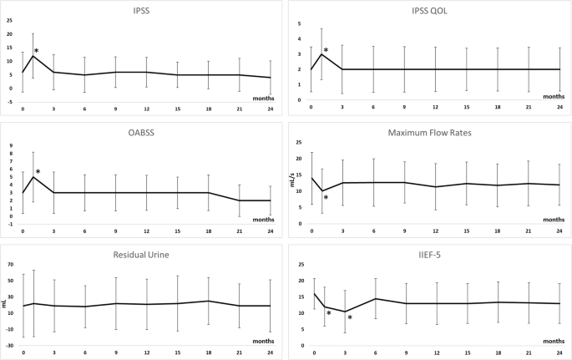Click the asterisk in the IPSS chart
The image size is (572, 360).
[37, 52]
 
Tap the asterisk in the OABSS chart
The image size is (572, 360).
[38, 172]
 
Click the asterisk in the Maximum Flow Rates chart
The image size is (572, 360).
[326, 198]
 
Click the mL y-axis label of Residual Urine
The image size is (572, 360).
[5, 305]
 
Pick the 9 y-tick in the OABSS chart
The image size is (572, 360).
[11, 145]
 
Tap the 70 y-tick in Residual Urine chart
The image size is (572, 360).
[9, 265]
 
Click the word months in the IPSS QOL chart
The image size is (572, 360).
[554, 97]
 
